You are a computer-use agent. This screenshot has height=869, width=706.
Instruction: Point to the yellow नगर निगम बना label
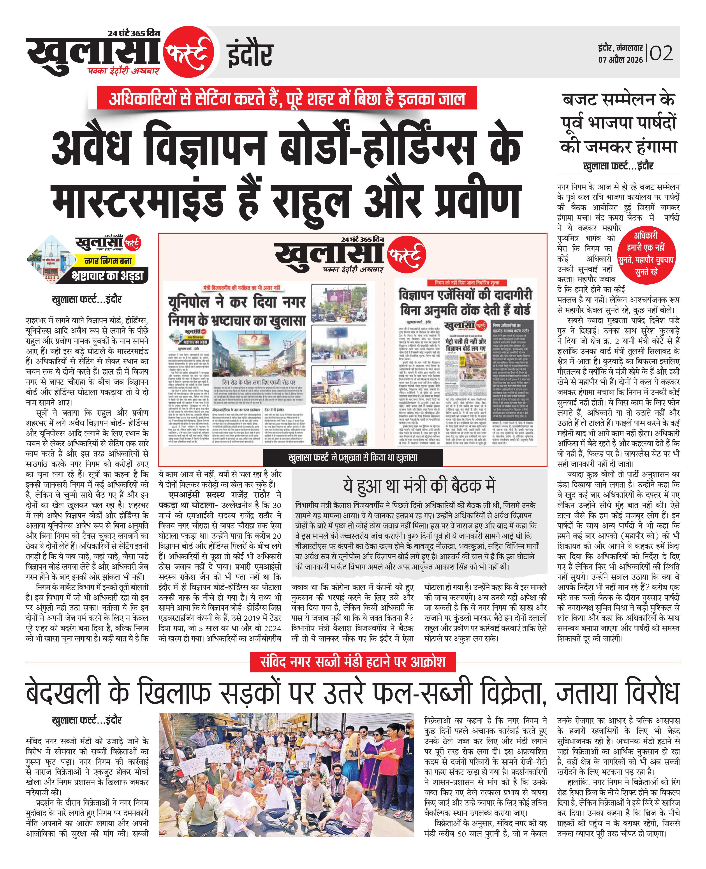coord(108,261)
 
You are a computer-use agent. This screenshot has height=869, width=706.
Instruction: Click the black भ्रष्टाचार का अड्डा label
coord(107,276)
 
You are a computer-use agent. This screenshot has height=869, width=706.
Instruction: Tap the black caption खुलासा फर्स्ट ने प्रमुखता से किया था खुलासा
coord(352,457)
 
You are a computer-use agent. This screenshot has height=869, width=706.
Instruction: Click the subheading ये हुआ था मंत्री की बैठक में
coord(419,486)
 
